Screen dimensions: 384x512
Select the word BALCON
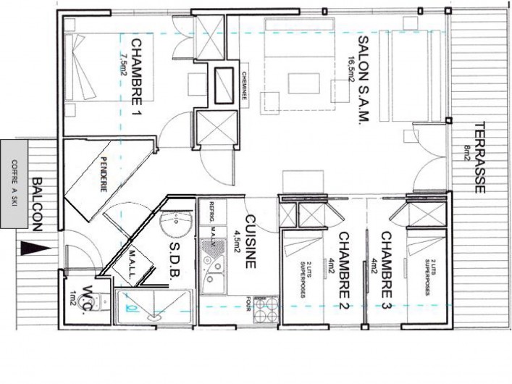pos(37,204)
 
